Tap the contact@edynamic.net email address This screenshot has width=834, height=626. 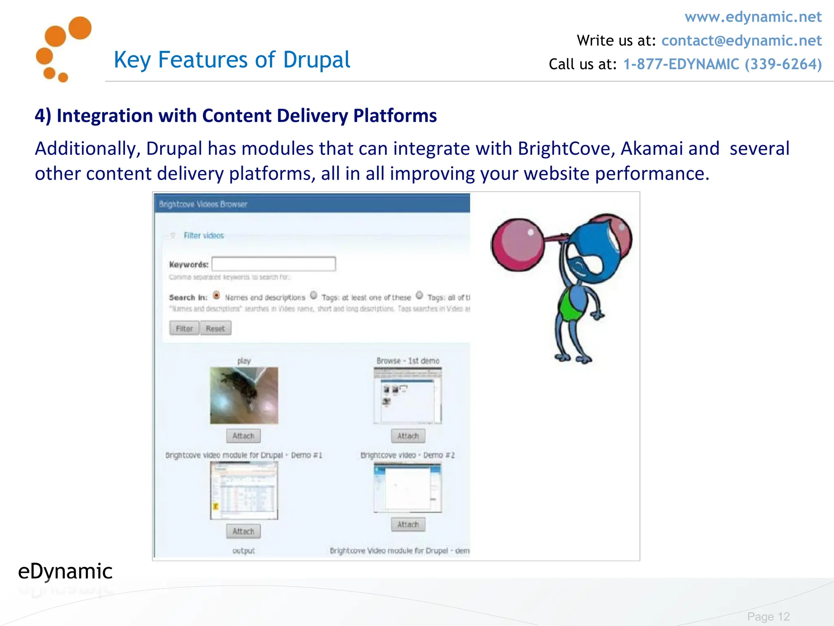[x=741, y=41]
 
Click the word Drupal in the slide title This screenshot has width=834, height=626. [x=316, y=60]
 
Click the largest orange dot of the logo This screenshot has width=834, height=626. [x=80, y=28]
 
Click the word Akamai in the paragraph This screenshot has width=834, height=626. [x=651, y=148]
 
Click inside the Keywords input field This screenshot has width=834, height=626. [x=273, y=264]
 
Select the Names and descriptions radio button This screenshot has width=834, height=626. [x=217, y=295]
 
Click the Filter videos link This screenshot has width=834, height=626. [x=204, y=236]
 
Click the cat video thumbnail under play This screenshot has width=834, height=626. [x=244, y=395]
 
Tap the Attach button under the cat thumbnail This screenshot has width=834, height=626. [x=244, y=436]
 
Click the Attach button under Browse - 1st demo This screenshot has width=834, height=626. [x=408, y=436]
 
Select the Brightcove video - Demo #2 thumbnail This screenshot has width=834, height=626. [x=408, y=488]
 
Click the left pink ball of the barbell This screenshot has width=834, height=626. [x=518, y=245]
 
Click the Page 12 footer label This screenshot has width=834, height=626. [x=768, y=617]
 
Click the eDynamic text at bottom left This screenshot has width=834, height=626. [x=65, y=571]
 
